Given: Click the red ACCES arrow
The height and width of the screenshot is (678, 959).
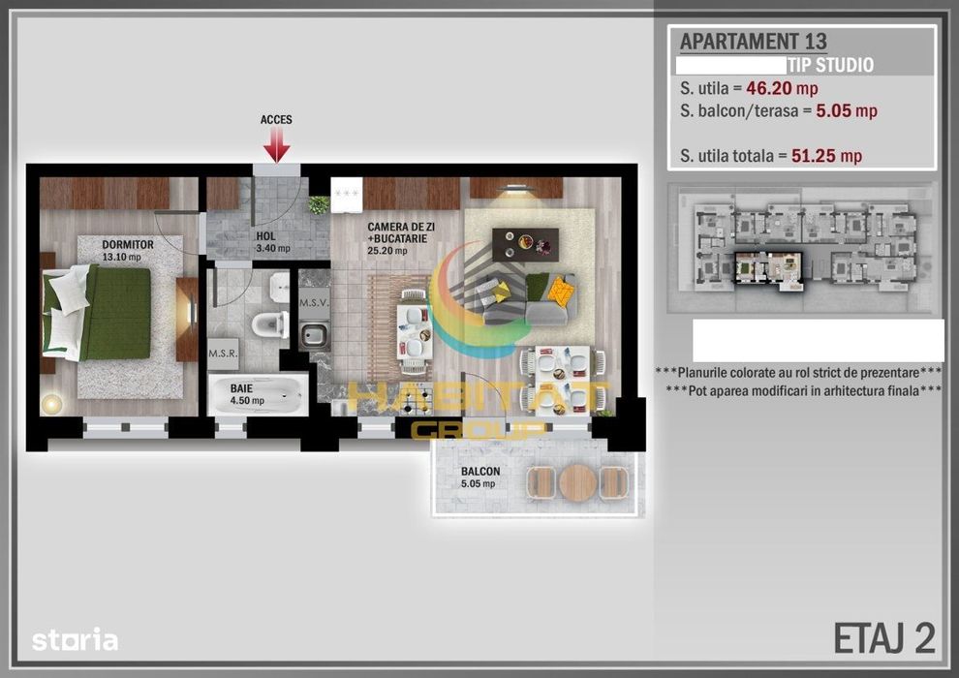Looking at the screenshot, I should click(x=277, y=145).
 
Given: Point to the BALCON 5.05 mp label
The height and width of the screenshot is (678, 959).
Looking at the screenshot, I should click(x=481, y=478).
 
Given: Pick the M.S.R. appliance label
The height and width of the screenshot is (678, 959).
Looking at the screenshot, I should click(x=223, y=353).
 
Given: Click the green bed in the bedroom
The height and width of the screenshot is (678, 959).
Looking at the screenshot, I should click(x=111, y=312).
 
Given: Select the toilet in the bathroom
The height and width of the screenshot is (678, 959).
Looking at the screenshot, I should click(x=270, y=324).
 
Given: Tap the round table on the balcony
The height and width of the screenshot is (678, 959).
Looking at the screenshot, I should click(x=578, y=481).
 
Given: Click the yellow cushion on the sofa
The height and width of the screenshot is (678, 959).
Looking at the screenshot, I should click(x=560, y=289).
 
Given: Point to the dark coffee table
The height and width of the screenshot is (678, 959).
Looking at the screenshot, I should click(x=525, y=243).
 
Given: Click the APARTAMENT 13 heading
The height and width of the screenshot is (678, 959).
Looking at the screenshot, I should click(x=753, y=42).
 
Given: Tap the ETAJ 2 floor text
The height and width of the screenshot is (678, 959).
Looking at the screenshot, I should click(x=883, y=637).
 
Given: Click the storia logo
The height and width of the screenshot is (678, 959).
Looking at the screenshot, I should click(x=75, y=640).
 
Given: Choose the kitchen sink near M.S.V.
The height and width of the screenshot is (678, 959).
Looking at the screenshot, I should click(x=314, y=336).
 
